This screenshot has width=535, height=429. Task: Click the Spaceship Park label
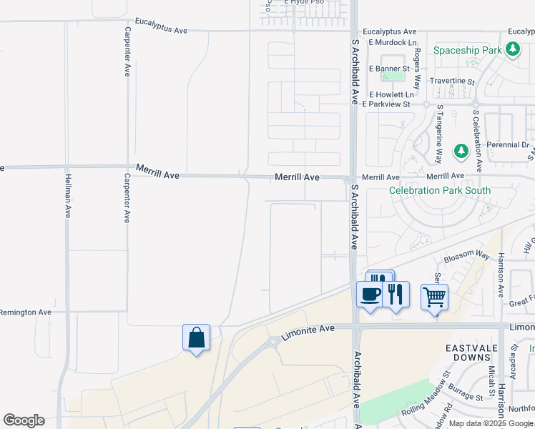[x=468, y=51]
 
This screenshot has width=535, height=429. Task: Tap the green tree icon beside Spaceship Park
[x=512, y=49]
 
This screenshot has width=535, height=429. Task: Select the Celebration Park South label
[x=440, y=190]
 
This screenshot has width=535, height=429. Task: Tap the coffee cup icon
[x=370, y=294]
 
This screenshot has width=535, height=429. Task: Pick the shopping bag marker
[x=196, y=337]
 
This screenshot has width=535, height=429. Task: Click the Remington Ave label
[x=26, y=312]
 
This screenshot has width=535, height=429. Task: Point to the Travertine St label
[x=451, y=82]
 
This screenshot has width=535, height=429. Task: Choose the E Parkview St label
[x=386, y=104]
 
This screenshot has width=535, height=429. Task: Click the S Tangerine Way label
[x=440, y=137]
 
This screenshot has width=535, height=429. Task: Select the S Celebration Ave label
[x=476, y=141]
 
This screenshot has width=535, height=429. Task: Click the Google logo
[x=24, y=420]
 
